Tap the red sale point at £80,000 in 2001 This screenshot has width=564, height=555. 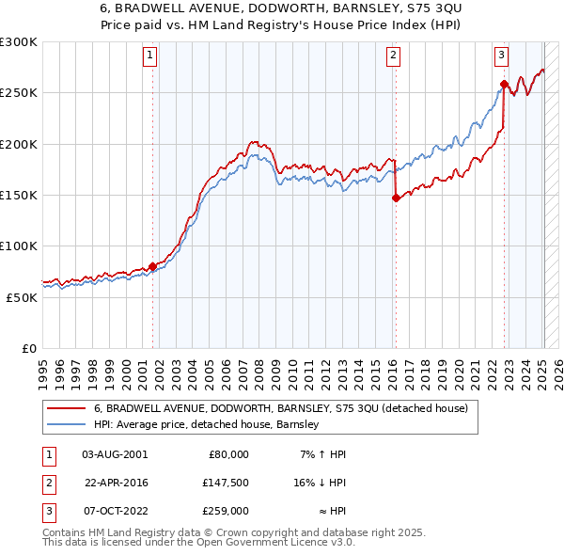pos(152,266)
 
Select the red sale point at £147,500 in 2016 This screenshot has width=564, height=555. pos(396,198)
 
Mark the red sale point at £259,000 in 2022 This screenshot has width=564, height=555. pos(504,85)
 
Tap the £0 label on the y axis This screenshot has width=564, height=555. pos(27,348)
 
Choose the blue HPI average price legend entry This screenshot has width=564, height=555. pos(207,424)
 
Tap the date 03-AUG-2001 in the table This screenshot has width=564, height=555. pos(115,453)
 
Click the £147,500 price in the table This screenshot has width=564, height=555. pos(227,482)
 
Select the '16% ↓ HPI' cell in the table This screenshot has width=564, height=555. pos(321,482)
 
